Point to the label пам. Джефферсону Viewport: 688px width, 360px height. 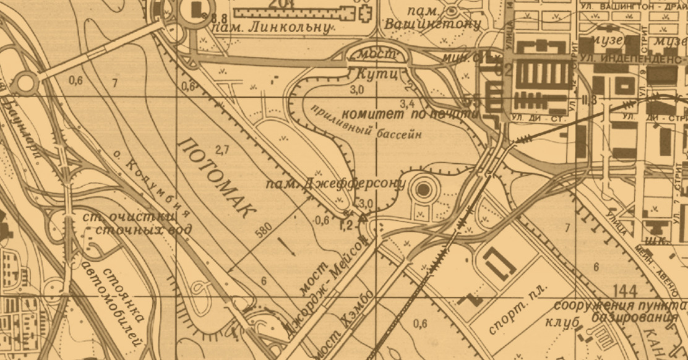tap(335, 184)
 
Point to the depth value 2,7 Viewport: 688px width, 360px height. tap(223, 149)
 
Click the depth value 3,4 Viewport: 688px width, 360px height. tap(408, 103)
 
